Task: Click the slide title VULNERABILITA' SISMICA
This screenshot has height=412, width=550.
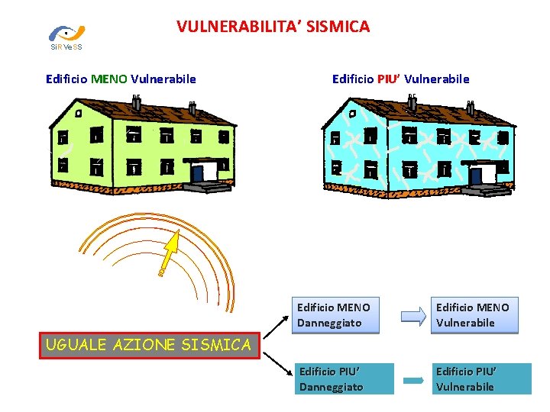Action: pyautogui.click(x=273, y=27)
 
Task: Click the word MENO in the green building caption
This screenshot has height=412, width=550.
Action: pyautogui.click(x=109, y=79)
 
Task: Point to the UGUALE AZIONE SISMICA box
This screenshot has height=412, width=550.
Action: pyautogui.click(x=148, y=345)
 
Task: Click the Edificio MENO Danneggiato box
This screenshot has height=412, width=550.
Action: pyautogui.click(x=333, y=315)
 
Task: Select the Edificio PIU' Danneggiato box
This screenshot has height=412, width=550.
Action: pyautogui.click(x=344, y=379)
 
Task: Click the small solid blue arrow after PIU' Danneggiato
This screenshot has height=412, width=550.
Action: pyautogui.click(x=413, y=380)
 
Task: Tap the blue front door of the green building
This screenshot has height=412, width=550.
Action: pyautogui.click(x=198, y=174)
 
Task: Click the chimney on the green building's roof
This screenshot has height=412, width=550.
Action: pyautogui.click(x=137, y=99)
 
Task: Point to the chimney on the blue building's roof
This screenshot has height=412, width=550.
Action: pyautogui.click(x=412, y=99)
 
